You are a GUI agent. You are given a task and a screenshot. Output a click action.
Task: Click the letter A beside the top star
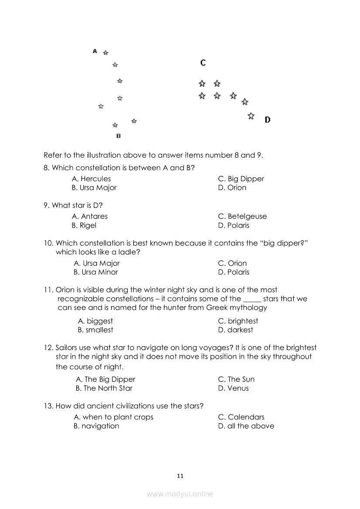(95, 51)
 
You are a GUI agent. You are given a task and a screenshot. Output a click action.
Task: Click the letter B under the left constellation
(118, 136)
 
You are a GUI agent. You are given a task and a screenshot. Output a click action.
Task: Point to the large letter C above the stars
(203, 63)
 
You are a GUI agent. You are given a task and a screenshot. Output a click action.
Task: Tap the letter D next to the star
(267, 120)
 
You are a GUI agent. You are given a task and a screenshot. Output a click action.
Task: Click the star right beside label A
(105, 53)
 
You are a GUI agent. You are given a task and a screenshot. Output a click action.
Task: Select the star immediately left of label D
(251, 116)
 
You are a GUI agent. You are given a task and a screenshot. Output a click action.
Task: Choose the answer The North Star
(104, 388)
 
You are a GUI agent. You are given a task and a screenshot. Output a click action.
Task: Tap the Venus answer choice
(233, 388)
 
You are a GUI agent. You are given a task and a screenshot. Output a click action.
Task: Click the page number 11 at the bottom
(180, 476)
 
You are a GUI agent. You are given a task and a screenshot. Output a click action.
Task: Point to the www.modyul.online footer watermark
(180, 494)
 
